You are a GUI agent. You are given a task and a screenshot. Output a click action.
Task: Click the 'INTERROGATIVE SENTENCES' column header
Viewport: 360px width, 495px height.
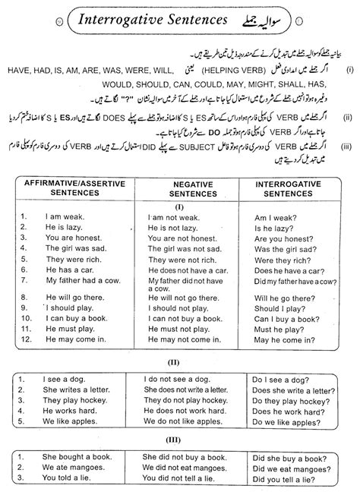click(x=292, y=188)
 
